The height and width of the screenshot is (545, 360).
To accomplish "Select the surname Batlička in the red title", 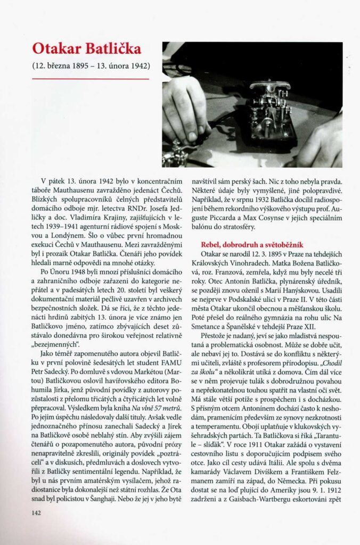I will [x=114, y=49].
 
